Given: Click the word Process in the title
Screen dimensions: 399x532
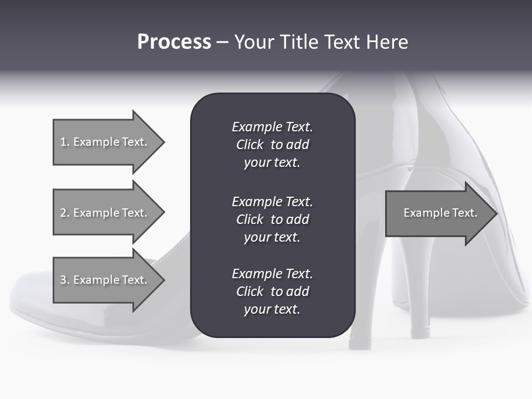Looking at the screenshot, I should tap(174, 42).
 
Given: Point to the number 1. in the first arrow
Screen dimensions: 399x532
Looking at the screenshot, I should tap(65, 142).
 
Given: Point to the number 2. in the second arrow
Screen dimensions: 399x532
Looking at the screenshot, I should tap(65, 213).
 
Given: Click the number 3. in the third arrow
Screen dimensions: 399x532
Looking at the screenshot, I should tap(65, 280).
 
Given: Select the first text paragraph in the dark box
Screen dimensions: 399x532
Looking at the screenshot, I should tap(272, 145).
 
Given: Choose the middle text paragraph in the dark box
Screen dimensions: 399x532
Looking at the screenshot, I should tap(272, 219).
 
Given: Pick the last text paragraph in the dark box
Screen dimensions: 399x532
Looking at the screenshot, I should tap(272, 291).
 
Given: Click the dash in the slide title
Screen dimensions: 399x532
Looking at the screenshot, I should tap(222, 42).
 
